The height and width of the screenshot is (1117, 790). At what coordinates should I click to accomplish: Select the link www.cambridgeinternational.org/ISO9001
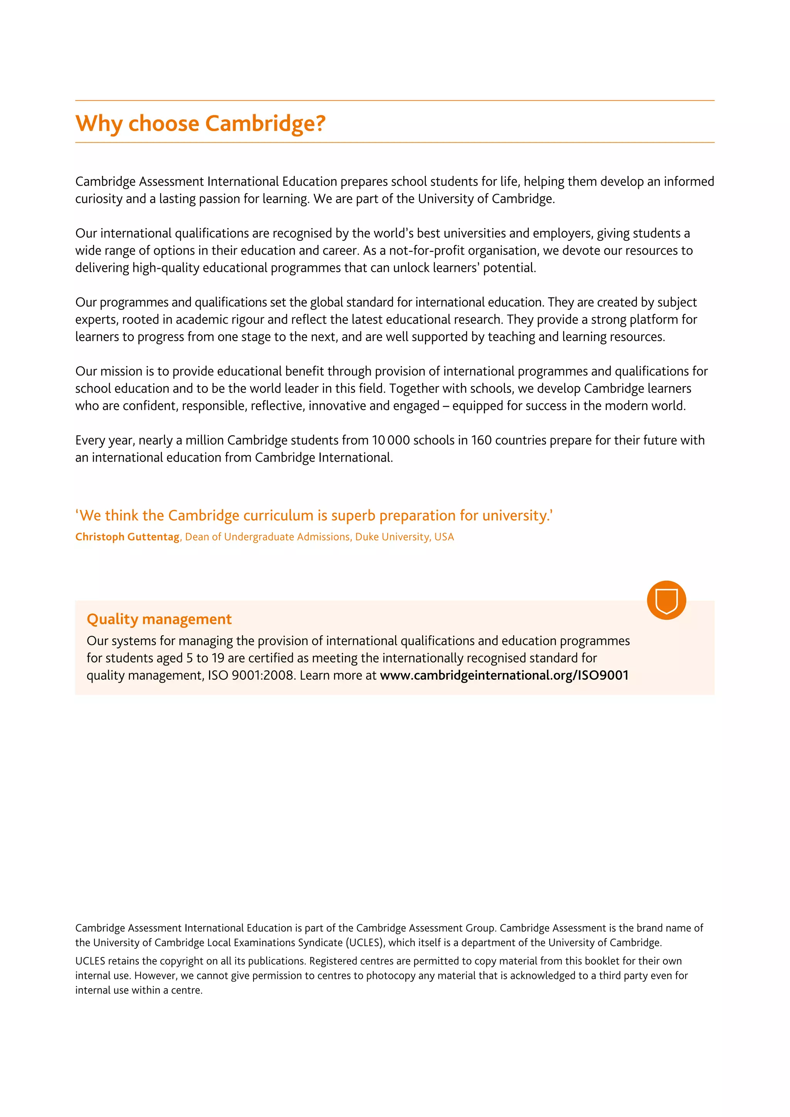[504, 675]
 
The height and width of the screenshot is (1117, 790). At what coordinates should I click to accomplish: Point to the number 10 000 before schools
[391, 440]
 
